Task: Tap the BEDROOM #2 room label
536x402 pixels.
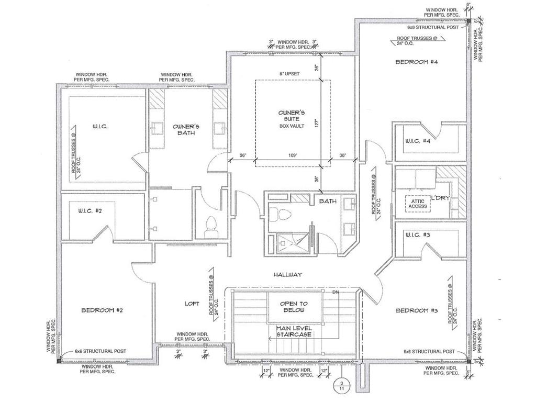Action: click(102, 310)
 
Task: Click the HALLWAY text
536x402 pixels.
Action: click(287, 274)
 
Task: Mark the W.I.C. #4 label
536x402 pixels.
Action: click(418, 141)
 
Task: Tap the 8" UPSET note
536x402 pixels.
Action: click(289, 74)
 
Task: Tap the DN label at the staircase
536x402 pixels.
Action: click(336, 292)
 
